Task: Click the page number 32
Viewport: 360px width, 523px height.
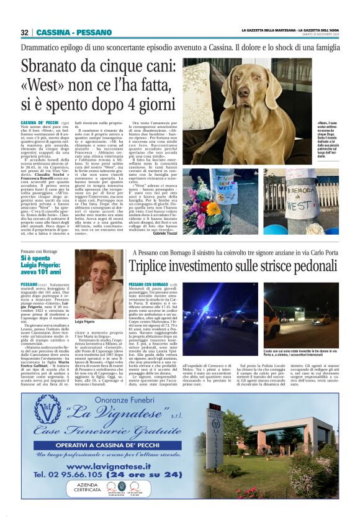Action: point(25,32)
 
